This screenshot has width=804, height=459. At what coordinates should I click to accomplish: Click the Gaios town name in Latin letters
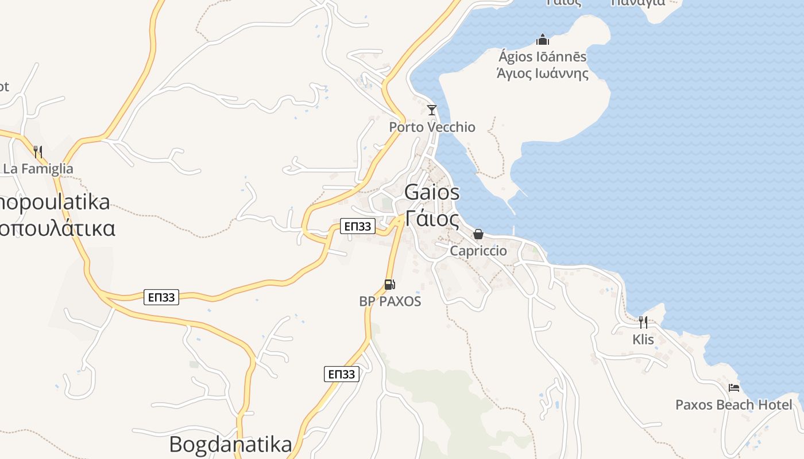tap(432, 192)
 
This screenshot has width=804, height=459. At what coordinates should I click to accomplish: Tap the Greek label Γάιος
tap(432, 219)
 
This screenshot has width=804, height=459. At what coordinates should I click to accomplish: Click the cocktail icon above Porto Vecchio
tap(432, 110)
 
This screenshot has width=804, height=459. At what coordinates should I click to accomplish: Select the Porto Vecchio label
tap(432, 127)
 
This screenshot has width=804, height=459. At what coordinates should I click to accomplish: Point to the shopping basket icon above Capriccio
tap(478, 234)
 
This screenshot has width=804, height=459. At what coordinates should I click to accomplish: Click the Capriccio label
tap(478, 251)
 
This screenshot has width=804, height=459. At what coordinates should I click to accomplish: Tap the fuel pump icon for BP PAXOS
tap(389, 284)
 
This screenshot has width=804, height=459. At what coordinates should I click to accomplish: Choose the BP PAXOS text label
tap(390, 301)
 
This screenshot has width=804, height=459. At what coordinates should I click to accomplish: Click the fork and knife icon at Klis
tap(643, 322)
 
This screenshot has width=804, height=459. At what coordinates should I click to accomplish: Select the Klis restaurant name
tap(643, 339)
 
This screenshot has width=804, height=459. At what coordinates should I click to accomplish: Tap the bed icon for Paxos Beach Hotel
tap(733, 388)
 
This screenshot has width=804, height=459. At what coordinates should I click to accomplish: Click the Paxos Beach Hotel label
tap(733, 404)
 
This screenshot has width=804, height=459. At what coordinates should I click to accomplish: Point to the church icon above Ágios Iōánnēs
tap(542, 40)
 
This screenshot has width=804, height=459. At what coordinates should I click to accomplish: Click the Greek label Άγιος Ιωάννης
tap(542, 73)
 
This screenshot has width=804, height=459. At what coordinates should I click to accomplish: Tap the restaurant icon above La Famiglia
tap(38, 152)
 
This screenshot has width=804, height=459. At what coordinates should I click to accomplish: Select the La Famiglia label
tap(38, 169)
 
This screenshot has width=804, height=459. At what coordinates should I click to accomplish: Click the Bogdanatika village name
tap(230, 444)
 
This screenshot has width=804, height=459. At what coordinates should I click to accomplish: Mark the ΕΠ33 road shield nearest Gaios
tap(357, 226)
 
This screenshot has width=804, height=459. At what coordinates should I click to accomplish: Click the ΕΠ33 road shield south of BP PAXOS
tap(341, 374)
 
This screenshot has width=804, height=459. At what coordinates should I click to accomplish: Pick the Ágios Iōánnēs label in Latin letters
tap(542, 57)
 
